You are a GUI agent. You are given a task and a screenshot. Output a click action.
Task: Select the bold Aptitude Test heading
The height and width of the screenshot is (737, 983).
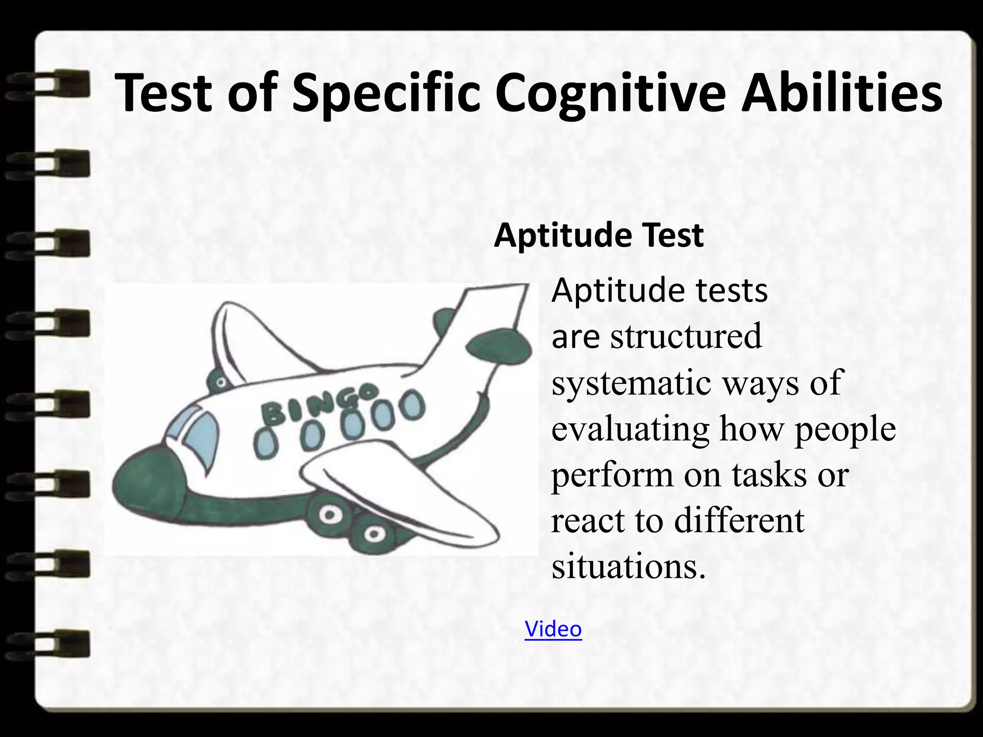pyautogui.click(x=599, y=236)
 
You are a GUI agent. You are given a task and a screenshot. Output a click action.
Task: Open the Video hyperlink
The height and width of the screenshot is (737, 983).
pyautogui.click(x=553, y=629)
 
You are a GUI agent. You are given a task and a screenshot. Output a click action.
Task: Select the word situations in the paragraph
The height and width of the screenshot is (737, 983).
pyautogui.click(x=629, y=566)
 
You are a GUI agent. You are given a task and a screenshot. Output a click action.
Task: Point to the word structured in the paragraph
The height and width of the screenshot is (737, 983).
pyautogui.click(x=686, y=336)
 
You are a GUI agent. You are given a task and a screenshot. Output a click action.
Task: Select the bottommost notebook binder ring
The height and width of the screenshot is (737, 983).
pyautogui.click(x=48, y=643)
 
